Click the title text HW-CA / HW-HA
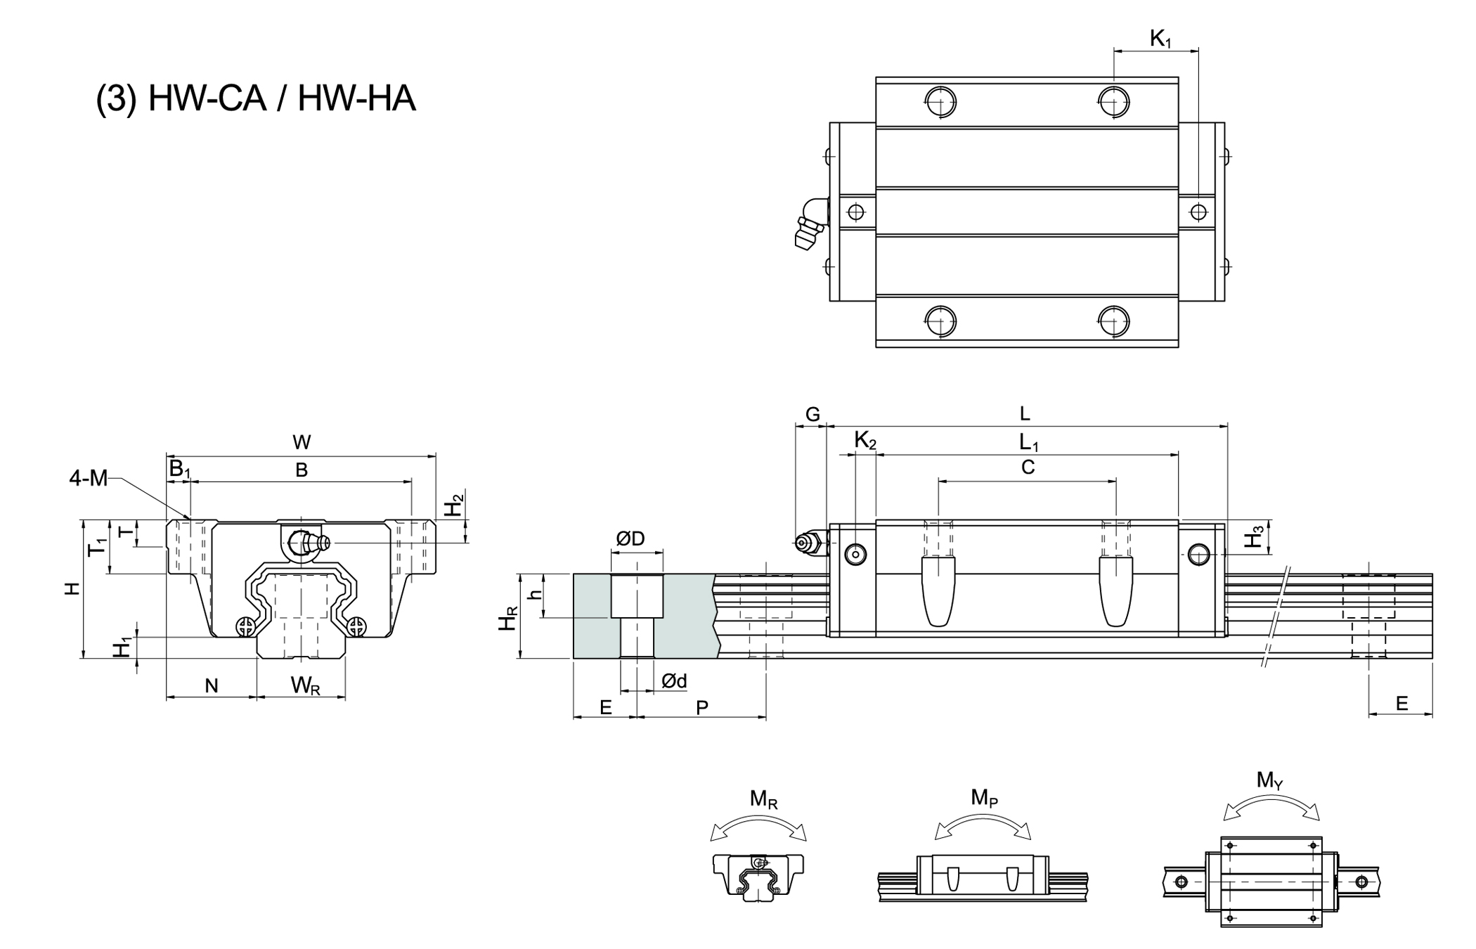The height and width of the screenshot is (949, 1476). point(256,98)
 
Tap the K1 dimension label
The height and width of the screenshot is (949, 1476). point(1160,39)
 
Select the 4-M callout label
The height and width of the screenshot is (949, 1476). point(89,479)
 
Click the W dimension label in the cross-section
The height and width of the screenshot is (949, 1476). point(302,442)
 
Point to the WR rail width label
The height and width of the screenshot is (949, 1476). point(306,685)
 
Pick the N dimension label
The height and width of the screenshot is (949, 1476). point(212,685)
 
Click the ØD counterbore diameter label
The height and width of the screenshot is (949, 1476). point(630,539)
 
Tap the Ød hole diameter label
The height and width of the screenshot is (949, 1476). point(673,680)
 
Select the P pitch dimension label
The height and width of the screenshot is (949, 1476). point(702,707)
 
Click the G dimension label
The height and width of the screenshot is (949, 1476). point(813,415)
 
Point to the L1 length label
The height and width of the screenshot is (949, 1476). point(1029,442)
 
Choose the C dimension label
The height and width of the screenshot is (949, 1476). point(1028,467)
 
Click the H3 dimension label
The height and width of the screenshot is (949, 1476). point(1255,538)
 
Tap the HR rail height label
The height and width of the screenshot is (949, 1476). point(507,618)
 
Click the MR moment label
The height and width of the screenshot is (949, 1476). point(763,799)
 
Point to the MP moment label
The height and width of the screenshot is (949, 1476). point(984,798)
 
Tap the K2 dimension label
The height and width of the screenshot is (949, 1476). point(865,441)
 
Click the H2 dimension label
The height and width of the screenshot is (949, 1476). point(456,504)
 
